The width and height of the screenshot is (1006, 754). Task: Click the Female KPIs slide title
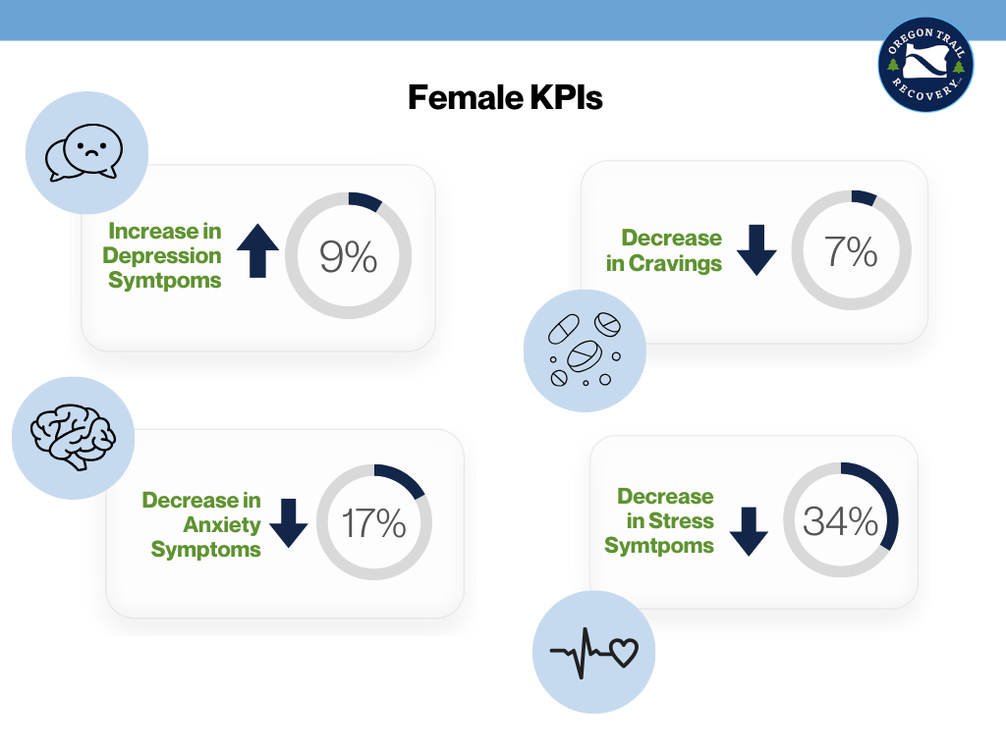click(505, 98)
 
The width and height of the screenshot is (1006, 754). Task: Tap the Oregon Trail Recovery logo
click(925, 66)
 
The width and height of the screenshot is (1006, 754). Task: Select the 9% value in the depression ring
click(349, 257)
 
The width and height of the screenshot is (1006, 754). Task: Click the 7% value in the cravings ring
click(851, 252)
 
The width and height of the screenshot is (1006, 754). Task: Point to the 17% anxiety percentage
click(374, 523)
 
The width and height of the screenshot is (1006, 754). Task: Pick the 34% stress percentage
click(840, 521)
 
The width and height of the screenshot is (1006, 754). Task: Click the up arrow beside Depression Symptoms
click(258, 249)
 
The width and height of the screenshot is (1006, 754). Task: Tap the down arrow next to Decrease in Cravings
click(756, 249)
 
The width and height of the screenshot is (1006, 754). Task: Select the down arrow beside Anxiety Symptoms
click(288, 522)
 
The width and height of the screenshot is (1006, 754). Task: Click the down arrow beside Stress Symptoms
click(749, 531)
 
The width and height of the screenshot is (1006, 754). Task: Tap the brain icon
click(73, 438)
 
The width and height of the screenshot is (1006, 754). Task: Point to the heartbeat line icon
click(592, 652)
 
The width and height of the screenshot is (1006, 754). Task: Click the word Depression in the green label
click(164, 256)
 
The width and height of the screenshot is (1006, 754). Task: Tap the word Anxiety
click(222, 524)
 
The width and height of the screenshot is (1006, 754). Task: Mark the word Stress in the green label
click(678, 521)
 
